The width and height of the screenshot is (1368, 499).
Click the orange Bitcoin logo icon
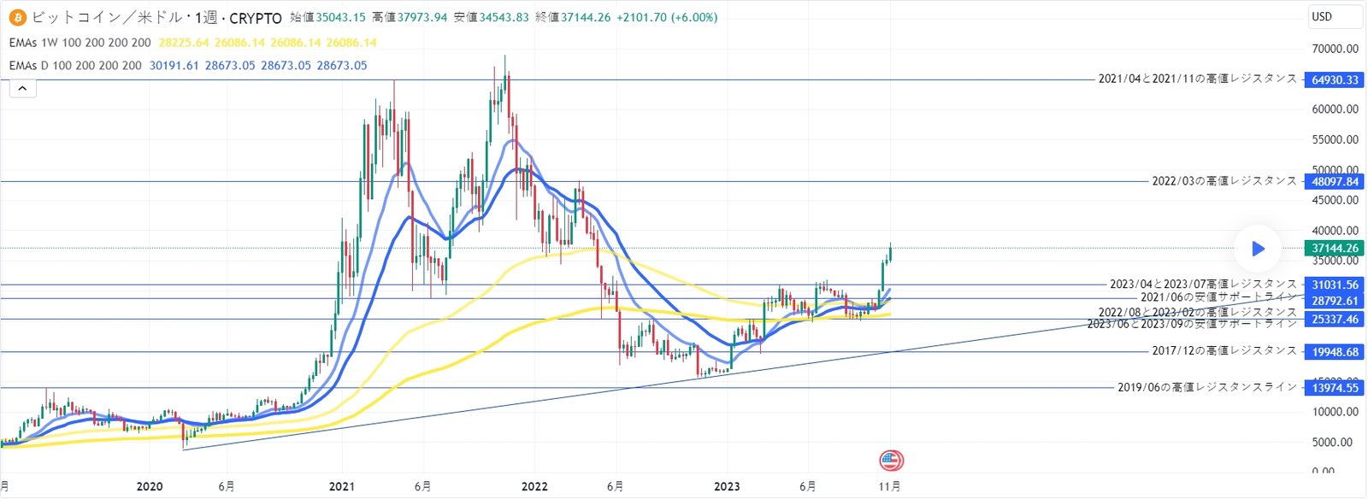click(17, 17)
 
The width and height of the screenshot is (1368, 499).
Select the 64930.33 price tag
click(1335, 79)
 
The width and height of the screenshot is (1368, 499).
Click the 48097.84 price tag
click(1335, 181)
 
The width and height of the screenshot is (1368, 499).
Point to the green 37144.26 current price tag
click(1335, 248)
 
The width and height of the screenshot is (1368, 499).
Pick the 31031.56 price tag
click(1335, 285)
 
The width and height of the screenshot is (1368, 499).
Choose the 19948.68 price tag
click(1335, 351)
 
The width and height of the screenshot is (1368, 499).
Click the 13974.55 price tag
click(1335, 388)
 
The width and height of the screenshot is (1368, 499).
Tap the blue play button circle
click(1258, 249)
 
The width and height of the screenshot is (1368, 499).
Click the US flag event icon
click(891, 461)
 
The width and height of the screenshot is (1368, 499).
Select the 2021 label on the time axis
click(342, 487)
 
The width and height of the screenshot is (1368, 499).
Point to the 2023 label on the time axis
click(727, 487)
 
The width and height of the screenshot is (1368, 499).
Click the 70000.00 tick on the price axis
click(1335, 49)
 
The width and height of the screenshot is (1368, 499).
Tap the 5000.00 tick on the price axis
click(1335, 442)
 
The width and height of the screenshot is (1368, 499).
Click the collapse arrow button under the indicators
click(23, 88)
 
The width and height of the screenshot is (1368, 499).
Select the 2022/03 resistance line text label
click(1224, 181)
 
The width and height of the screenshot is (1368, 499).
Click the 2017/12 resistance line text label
click(1224, 350)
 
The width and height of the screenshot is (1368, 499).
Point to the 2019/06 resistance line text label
click(1206, 387)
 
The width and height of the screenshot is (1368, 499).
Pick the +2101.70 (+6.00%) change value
click(667, 17)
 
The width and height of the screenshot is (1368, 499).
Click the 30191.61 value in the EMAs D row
click(174, 65)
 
